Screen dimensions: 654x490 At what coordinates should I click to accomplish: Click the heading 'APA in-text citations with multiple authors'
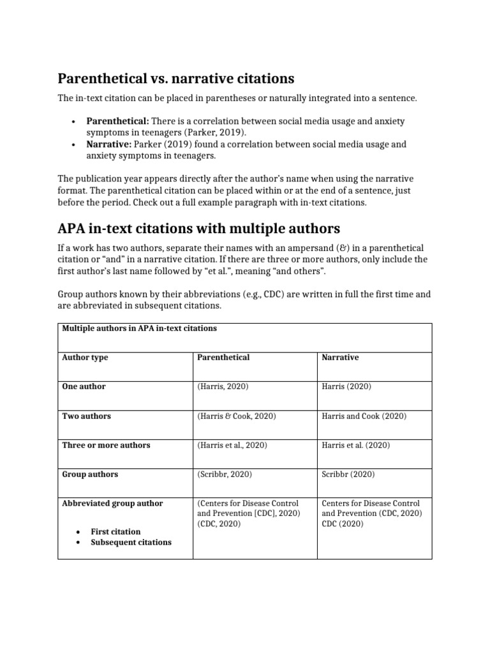(199, 228)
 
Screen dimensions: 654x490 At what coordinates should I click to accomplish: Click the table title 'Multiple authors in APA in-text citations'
(139, 328)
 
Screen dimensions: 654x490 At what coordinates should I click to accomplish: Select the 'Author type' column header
(85, 358)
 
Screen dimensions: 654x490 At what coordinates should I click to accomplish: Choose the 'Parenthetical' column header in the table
(223, 358)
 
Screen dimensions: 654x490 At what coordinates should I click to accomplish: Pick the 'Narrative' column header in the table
(340, 358)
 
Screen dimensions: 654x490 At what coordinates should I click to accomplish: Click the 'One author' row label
(84, 387)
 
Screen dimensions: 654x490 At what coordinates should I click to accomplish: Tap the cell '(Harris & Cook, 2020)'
(236, 416)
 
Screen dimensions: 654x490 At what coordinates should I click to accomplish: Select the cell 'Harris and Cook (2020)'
(364, 416)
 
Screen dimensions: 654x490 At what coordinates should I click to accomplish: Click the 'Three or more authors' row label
(106, 445)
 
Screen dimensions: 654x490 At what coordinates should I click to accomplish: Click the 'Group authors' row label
(90, 475)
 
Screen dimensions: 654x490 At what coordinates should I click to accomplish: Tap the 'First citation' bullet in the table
(115, 531)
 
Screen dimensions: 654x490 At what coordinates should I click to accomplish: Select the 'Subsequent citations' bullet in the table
(131, 542)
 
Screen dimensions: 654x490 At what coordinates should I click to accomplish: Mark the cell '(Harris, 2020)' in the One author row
(223, 387)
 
